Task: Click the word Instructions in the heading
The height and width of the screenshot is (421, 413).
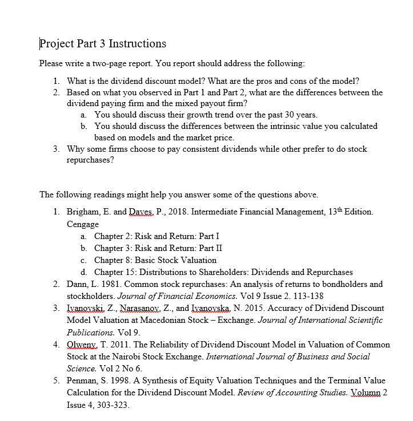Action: pyautogui.click(x=137, y=43)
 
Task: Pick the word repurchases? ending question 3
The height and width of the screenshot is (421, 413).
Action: pyautogui.click(x=90, y=160)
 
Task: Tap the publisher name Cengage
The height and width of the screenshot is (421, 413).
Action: pyautogui.click(x=83, y=224)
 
